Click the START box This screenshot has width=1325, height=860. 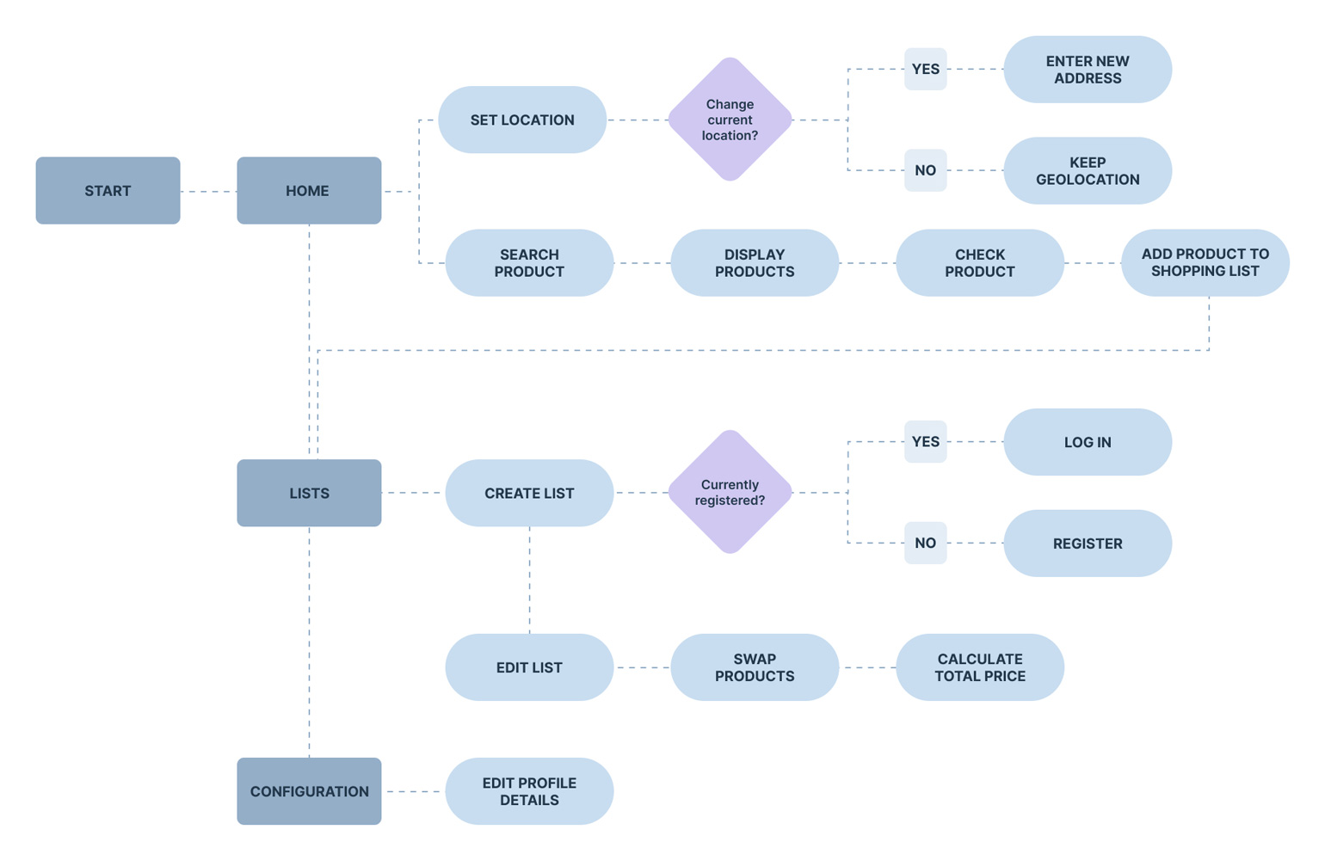(x=108, y=190)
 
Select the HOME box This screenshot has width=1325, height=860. (x=309, y=190)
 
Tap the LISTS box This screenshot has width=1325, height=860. (x=309, y=493)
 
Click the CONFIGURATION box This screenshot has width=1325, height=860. (x=309, y=791)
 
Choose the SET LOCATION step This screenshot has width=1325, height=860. (x=522, y=120)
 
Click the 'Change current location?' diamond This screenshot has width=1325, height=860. (x=730, y=120)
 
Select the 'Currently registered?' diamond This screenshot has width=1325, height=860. (x=730, y=492)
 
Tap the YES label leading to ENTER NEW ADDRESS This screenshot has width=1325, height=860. (x=925, y=69)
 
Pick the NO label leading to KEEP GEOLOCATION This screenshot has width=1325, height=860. (x=925, y=170)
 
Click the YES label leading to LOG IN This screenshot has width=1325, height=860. (x=925, y=441)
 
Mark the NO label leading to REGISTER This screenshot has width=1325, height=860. (x=925, y=543)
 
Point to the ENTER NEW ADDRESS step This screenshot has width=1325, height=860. (x=1088, y=70)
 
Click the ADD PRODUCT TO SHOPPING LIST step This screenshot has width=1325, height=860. (x=1205, y=262)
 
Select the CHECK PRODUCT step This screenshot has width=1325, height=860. (x=979, y=262)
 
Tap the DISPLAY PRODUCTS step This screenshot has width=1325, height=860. (x=754, y=262)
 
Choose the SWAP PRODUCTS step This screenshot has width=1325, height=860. (x=754, y=667)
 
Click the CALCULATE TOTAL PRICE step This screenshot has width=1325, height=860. (x=979, y=667)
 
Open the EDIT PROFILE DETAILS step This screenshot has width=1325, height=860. (x=529, y=791)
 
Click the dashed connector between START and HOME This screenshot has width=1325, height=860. (x=208, y=191)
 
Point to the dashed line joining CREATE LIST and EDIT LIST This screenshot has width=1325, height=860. (x=529, y=580)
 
